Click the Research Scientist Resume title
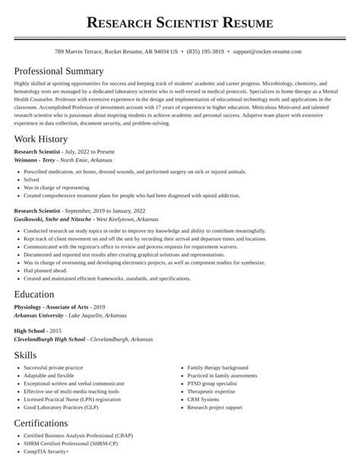[x=180, y=23]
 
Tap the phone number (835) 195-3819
[x=205, y=52]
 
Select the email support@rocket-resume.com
[x=267, y=52]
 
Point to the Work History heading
[x=41, y=139]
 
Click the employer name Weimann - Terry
[x=39, y=161]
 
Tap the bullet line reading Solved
[x=32, y=179]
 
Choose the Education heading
[x=34, y=294]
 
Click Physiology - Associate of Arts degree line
[x=49, y=306]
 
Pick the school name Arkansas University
[x=39, y=315]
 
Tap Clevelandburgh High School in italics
[x=49, y=339]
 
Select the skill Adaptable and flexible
[x=49, y=376]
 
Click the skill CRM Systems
[x=204, y=399]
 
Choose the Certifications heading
[x=52, y=423]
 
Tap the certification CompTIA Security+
[x=46, y=452]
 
